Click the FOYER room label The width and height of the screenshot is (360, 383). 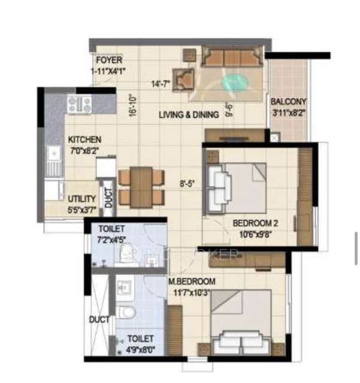pos(109,60)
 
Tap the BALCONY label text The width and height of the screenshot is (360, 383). pos(288,102)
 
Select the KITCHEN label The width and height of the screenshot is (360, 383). pos(84,139)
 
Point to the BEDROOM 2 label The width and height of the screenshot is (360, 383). pos(255,224)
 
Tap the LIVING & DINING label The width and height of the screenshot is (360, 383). pos(189,115)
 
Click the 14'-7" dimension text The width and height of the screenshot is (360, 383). pos(161,84)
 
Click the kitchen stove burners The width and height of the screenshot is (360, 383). pos(79,104)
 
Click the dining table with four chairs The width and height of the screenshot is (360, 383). pos(141,186)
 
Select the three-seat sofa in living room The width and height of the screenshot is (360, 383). pos(232,56)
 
